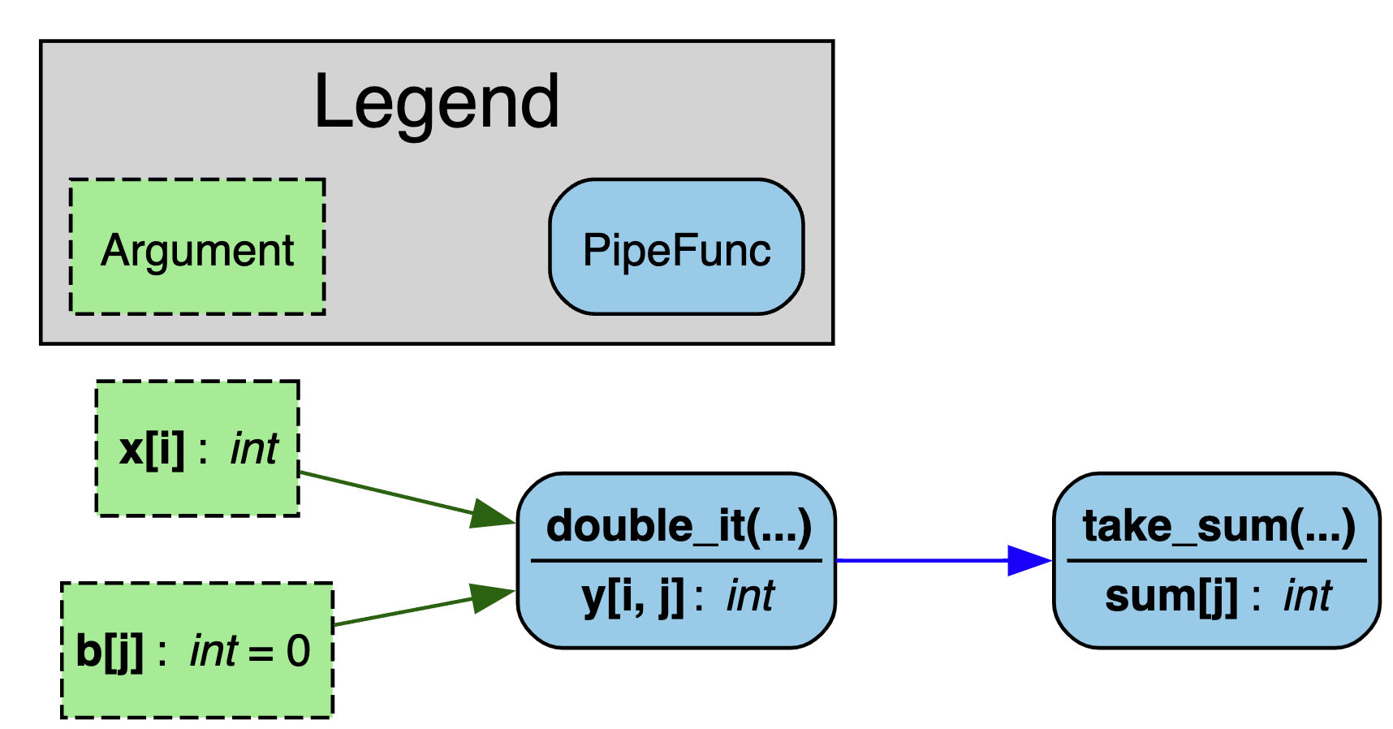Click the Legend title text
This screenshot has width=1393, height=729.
tap(436, 102)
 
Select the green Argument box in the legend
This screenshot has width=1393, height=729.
tap(197, 247)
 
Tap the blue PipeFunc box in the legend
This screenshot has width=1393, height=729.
tap(676, 247)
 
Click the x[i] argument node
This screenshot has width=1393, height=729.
tap(197, 448)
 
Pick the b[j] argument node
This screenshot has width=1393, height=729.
tap(197, 650)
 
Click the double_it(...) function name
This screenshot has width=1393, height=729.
tap(679, 526)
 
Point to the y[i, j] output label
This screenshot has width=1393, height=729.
tap(634, 597)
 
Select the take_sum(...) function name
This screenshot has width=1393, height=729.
tap(1218, 526)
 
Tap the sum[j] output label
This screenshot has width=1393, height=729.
tap(1171, 597)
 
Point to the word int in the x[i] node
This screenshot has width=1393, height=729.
tap(254, 449)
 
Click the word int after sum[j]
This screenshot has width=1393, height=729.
tap(1307, 597)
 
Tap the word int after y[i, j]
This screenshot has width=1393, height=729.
tap(751, 597)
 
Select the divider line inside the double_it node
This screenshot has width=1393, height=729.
tap(676, 560)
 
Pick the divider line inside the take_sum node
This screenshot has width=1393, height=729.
tap(1216, 560)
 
